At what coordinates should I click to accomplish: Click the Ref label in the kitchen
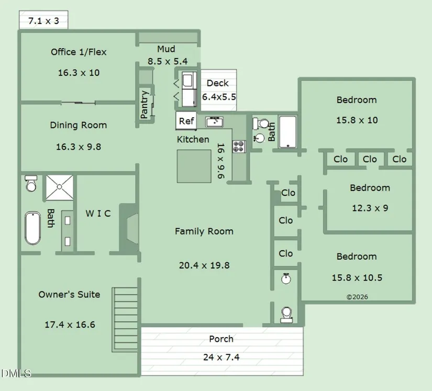(186, 121)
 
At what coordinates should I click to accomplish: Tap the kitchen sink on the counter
(215, 122)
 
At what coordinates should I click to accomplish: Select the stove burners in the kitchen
(239, 147)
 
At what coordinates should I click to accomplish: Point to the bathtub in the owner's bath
(32, 228)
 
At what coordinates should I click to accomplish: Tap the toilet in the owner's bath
(30, 184)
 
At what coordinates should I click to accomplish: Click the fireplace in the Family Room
(128, 229)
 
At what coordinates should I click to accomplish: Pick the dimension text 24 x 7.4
(221, 358)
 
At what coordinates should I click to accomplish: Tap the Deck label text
(217, 83)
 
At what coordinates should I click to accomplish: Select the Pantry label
(145, 104)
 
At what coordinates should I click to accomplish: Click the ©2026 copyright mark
(357, 297)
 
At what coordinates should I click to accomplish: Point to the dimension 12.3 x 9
(370, 208)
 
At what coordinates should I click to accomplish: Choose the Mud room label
(166, 50)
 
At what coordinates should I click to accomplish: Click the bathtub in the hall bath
(287, 131)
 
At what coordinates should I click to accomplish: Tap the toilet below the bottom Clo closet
(286, 314)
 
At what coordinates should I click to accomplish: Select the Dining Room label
(79, 125)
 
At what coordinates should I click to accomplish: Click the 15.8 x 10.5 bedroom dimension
(357, 277)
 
